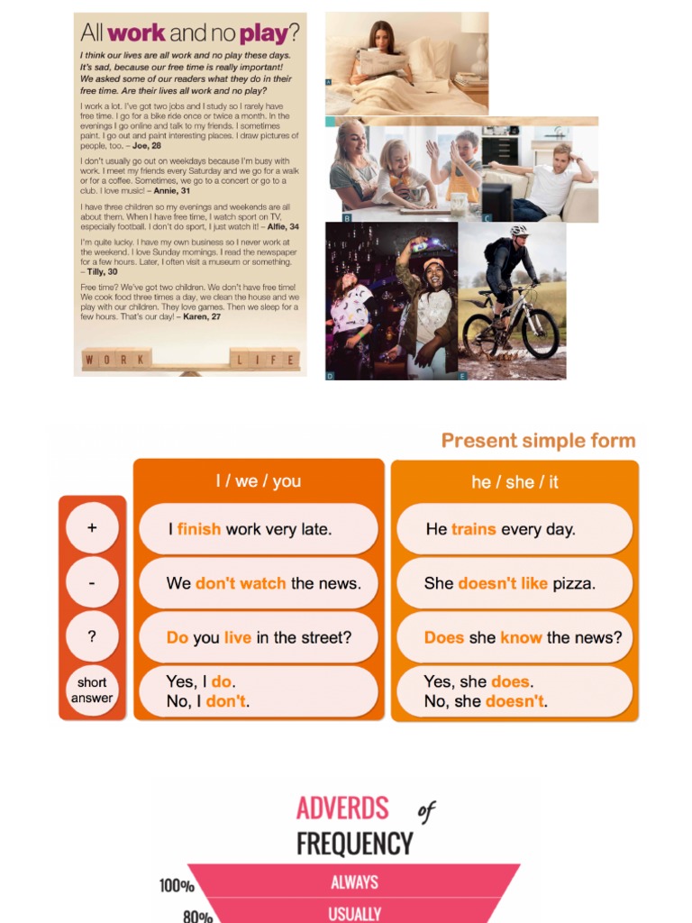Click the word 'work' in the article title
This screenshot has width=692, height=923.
pyautogui.click(x=136, y=33)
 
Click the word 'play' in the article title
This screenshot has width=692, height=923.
pyautogui.click(x=263, y=33)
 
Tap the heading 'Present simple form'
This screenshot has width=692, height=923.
pyautogui.click(x=538, y=441)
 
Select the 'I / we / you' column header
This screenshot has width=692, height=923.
pyautogui.click(x=259, y=481)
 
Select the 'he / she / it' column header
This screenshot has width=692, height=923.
pyautogui.click(x=514, y=482)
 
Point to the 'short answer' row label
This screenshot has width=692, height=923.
pyautogui.click(x=92, y=690)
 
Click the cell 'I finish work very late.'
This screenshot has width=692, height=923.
pyautogui.click(x=258, y=529)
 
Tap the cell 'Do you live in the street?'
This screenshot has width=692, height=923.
pyautogui.click(x=258, y=637)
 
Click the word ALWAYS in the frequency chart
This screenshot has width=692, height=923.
pyautogui.click(x=354, y=882)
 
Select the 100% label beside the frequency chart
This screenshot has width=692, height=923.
pyautogui.click(x=177, y=886)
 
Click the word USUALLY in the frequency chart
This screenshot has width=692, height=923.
pyautogui.click(x=354, y=913)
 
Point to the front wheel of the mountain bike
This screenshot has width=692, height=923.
pyautogui.click(x=540, y=334)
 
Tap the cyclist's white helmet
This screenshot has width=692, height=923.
pyautogui.click(x=520, y=231)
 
